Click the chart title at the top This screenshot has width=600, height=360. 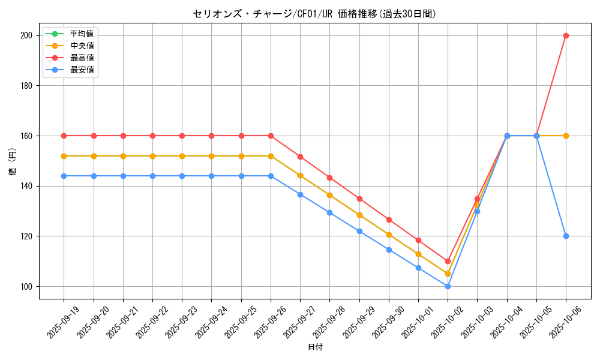314,14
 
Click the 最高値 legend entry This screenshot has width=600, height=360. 82,58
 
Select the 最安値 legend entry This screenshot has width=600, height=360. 82,70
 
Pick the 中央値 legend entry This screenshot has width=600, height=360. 82,46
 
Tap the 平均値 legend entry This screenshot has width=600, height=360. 82,34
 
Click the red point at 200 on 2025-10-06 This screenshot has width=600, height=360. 566,35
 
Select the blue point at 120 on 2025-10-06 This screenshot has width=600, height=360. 566,236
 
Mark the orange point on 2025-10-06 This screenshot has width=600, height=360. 566,136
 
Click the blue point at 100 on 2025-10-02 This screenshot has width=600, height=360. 448,286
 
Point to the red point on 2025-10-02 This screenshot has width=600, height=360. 448,261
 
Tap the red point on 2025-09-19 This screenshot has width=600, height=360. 64,136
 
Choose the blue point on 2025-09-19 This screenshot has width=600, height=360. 64,176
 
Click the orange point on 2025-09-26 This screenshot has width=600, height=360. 271,156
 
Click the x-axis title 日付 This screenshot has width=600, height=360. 315,347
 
